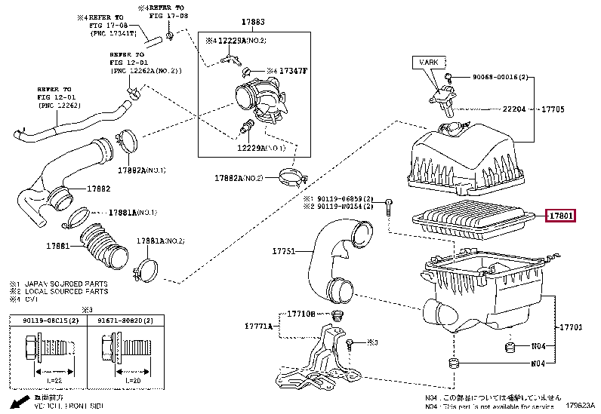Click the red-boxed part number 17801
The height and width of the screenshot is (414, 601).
[x=561, y=216]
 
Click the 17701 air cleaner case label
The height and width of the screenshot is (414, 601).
[x=570, y=328]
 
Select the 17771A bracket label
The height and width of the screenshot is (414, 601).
[x=259, y=326]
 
